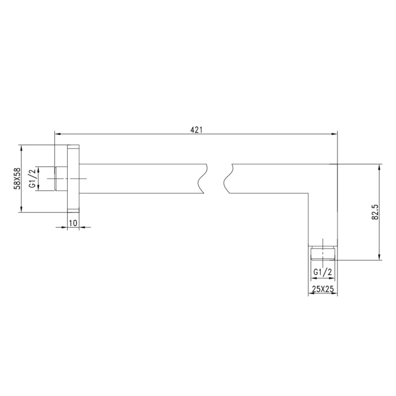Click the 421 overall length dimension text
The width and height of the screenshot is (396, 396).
click(x=196, y=130)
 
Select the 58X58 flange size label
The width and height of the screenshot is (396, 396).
click(x=17, y=178)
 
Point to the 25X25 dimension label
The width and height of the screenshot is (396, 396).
click(x=323, y=290)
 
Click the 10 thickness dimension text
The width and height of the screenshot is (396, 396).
click(x=73, y=222)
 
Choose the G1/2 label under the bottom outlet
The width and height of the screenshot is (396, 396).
click(x=323, y=272)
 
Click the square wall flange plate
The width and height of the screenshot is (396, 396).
click(x=73, y=178)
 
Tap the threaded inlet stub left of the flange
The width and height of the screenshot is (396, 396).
click(x=60, y=178)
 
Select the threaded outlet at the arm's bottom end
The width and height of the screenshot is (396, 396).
click(x=323, y=253)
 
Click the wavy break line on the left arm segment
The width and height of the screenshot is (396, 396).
click(x=201, y=178)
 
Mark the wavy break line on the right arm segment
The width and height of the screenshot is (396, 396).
click(x=228, y=178)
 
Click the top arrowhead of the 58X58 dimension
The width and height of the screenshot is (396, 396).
click(x=22, y=147)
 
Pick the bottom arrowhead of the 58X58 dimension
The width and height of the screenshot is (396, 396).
click(x=22, y=210)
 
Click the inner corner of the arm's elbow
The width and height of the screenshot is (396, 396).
click(x=309, y=193)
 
